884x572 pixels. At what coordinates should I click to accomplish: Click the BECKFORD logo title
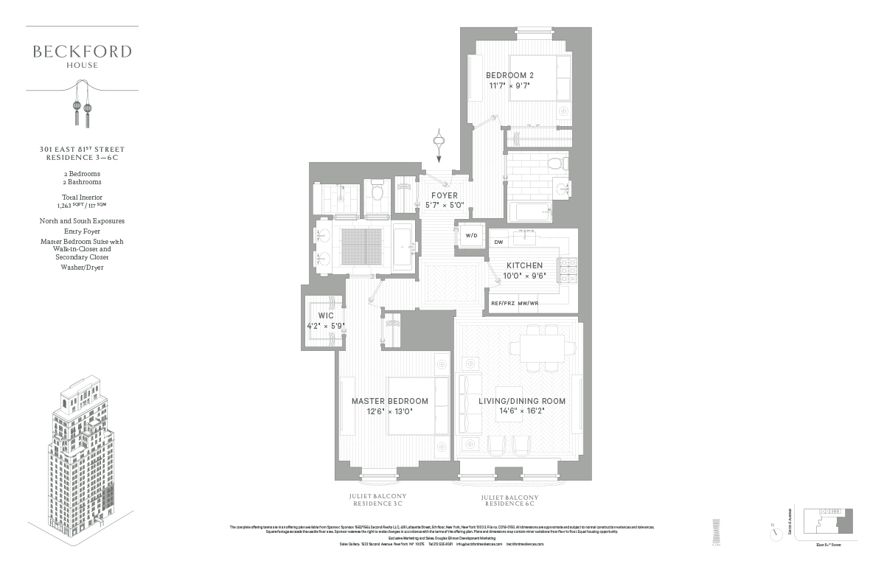pos(82,52)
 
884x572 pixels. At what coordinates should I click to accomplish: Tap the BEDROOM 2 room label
pos(509,75)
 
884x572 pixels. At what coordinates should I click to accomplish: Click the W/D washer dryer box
pos(471,235)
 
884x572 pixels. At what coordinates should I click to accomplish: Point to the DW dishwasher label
pos(498,242)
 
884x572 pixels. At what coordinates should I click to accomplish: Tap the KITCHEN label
pos(524,265)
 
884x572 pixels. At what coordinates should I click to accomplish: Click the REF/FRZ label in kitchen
pos(503,303)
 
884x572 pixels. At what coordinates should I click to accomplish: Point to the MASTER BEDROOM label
pos(389,401)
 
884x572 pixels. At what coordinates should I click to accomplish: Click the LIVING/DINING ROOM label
pos(522,401)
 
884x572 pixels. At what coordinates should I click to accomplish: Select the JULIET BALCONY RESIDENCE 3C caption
pos(377,500)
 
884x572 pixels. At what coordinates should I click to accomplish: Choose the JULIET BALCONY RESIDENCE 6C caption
pos(509,501)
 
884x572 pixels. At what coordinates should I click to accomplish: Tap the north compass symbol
pos(772,529)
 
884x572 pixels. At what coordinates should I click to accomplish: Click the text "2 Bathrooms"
pos(82,181)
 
